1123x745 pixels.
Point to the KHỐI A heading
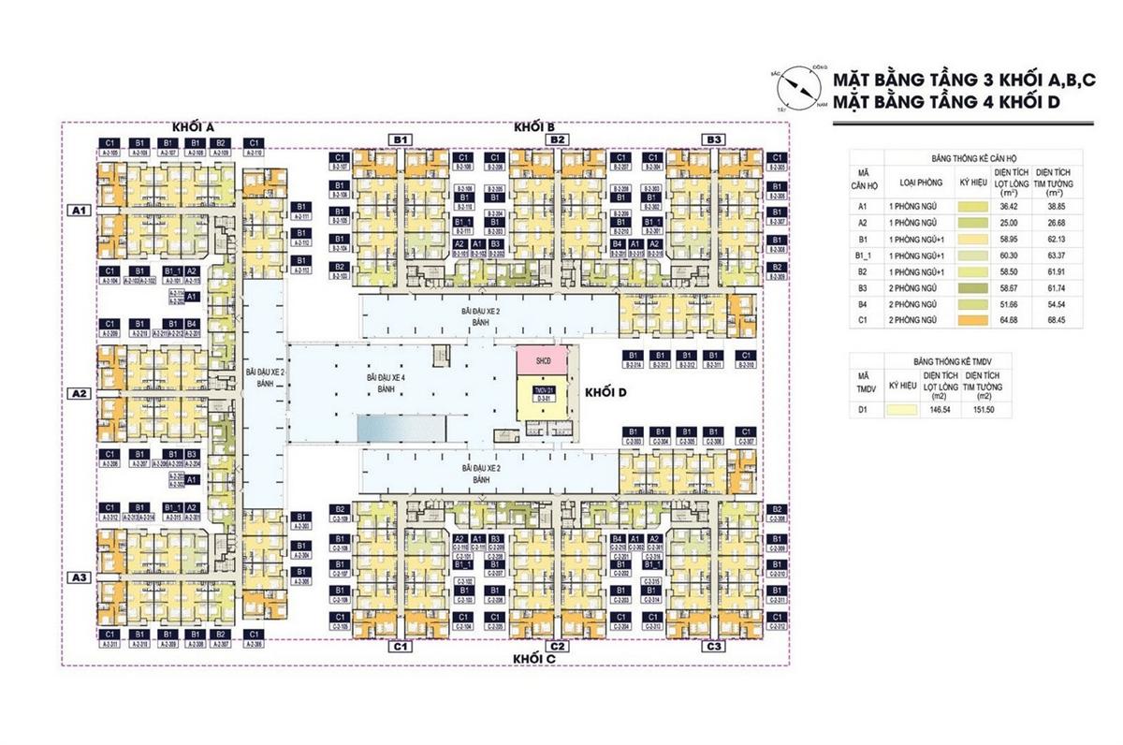(193, 126)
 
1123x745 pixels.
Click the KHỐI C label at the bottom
(534, 659)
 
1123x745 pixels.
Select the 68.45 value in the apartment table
(1056, 321)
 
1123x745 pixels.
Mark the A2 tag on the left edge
(80, 394)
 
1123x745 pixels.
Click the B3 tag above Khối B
(714, 139)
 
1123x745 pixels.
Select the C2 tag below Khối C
(556, 647)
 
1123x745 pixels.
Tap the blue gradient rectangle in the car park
(401, 429)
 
